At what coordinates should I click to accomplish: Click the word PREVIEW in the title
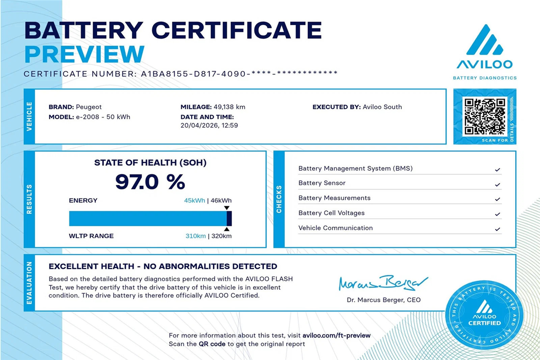tap(84, 54)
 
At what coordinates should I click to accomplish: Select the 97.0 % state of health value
tap(150, 182)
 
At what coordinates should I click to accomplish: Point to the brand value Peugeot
tap(89, 107)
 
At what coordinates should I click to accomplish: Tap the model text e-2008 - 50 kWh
tap(103, 117)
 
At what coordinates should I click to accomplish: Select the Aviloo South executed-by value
tap(382, 107)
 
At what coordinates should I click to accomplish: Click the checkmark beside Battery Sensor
tap(497, 185)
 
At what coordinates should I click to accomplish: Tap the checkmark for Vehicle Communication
tap(497, 229)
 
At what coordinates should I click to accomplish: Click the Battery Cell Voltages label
tap(331, 213)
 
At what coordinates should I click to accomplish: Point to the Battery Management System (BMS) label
tap(355, 169)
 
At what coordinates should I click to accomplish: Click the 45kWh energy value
tap(194, 201)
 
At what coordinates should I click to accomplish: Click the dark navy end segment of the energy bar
tap(229, 218)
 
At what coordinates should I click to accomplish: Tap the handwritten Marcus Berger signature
tap(378, 283)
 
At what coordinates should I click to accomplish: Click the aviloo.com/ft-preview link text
tap(337, 336)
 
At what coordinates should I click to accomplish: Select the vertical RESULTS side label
tap(29, 198)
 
